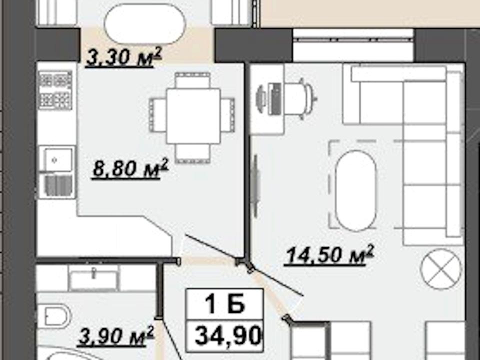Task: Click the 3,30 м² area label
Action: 123,57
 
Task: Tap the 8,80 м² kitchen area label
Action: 130,168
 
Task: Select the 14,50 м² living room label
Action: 329,255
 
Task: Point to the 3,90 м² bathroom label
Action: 115,336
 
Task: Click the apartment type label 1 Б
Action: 224,303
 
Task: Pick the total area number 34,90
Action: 228,335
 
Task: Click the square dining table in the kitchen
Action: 193,115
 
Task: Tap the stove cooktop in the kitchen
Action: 55,90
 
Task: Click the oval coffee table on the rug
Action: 355,190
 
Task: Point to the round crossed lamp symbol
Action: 441,269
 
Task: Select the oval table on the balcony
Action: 145,24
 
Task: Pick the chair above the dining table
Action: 193,80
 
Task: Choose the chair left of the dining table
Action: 158,115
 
